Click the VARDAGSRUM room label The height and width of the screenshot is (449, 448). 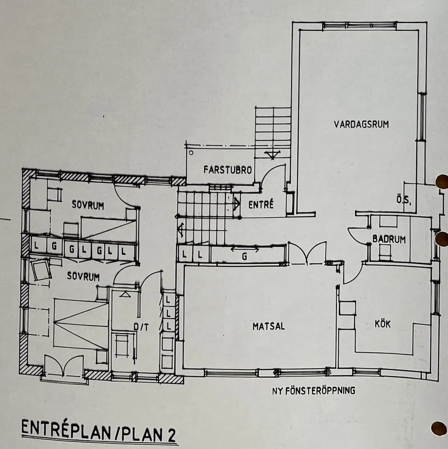(361, 124)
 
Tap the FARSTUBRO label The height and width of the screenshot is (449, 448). (227, 170)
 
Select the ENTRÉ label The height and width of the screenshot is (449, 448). (261, 205)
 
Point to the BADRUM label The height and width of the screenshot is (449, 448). (389, 239)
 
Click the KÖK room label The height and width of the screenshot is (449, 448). (382, 324)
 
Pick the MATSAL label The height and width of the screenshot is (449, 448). (268, 326)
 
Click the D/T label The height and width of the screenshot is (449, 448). (141, 328)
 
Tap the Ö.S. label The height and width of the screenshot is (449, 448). (404, 200)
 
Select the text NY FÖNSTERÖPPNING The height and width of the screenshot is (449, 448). (314, 391)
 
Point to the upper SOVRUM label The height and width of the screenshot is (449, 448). (88, 206)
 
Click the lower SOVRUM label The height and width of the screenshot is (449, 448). (83, 277)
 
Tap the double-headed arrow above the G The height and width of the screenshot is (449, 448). (245, 248)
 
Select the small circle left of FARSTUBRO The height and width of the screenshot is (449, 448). (191, 153)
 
